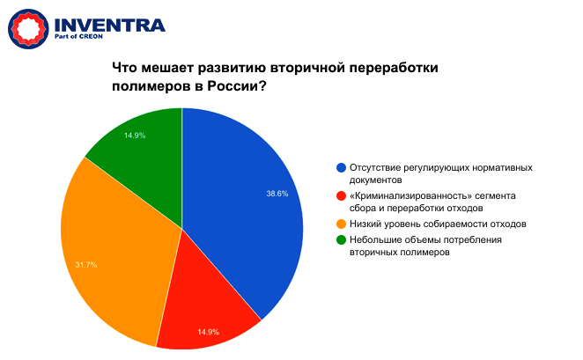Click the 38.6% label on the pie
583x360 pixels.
pos(277,194)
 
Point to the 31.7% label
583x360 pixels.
pos(86,264)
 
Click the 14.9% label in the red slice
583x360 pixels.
pos(208,332)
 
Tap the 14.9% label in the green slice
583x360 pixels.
pos(135,136)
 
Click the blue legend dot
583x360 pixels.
pos(341,166)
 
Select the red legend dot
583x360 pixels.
pos(341,195)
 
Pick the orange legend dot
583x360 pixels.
pos(341,224)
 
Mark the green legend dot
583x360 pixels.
pos(341,239)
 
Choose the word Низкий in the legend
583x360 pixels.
pos(366,224)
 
